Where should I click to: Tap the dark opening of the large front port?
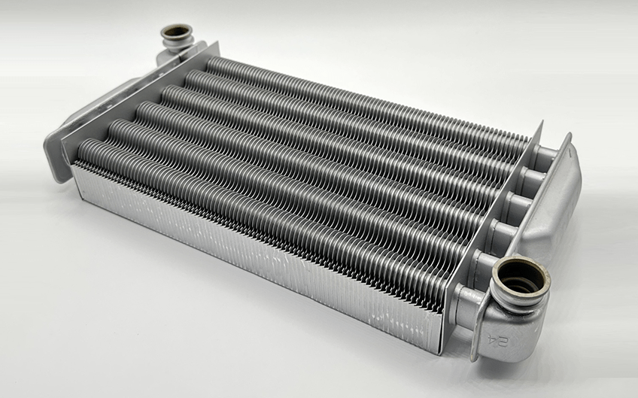(521, 277)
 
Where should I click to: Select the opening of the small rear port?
(176, 32)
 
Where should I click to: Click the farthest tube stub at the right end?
(546, 153)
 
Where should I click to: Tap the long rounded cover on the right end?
(557, 211)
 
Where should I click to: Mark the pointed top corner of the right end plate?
(542, 122)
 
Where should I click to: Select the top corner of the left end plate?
(217, 42)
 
